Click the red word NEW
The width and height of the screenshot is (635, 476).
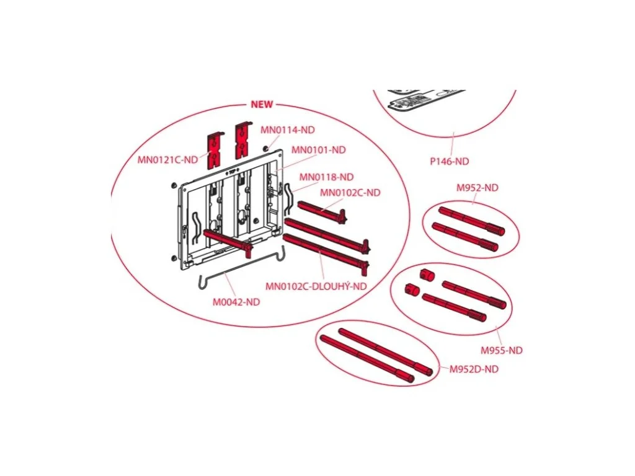point(262,104)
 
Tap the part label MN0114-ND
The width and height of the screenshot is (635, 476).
point(288,130)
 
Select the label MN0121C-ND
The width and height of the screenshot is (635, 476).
point(167,159)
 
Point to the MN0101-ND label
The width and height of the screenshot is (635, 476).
point(319,150)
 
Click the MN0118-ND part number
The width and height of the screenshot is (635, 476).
point(326,177)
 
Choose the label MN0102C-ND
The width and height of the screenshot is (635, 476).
point(350,193)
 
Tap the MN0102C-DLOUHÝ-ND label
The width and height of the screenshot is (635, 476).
point(316,286)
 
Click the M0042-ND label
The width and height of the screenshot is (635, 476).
point(236,302)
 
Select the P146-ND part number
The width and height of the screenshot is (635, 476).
point(449,162)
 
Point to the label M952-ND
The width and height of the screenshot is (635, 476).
point(477,188)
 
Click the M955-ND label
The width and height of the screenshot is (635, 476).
point(501,350)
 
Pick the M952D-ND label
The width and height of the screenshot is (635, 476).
point(474,369)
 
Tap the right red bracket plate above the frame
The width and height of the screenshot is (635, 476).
point(243,140)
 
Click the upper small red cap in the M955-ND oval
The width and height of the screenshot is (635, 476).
point(427,275)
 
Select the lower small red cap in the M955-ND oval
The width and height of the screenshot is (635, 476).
point(412,289)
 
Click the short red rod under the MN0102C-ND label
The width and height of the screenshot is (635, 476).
point(322,211)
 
